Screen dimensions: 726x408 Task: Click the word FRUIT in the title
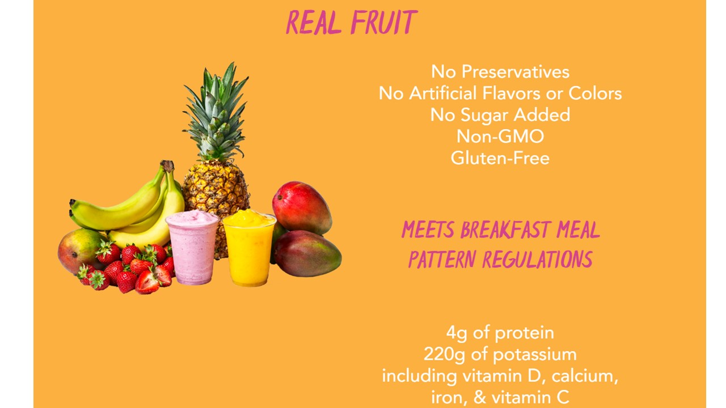pyautogui.click(x=385, y=22)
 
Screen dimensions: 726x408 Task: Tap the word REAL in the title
pyautogui.click(x=314, y=22)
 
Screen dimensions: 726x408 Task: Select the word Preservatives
pyautogui.click(x=516, y=71)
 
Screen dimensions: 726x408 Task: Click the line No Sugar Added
pyautogui.click(x=500, y=115)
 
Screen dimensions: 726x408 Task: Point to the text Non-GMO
pyautogui.click(x=500, y=137)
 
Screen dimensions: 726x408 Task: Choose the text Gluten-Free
pyautogui.click(x=500, y=158)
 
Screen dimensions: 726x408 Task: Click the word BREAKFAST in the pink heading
pyautogui.click(x=505, y=230)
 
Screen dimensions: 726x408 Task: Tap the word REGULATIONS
pyautogui.click(x=537, y=259)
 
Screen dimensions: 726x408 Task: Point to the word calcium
pyautogui.click(x=585, y=376)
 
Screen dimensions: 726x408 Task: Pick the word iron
pyautogui.click(x=449, y=398)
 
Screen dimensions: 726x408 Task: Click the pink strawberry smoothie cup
pyautogui.click(x=192, y=248)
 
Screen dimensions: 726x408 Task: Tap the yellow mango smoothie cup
pyautogui.click(x=249, y=248)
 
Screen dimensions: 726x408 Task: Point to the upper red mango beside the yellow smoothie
pyautogui.click(x=302, y=207)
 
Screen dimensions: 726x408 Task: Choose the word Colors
pyautogui.click(x=595, y=93)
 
